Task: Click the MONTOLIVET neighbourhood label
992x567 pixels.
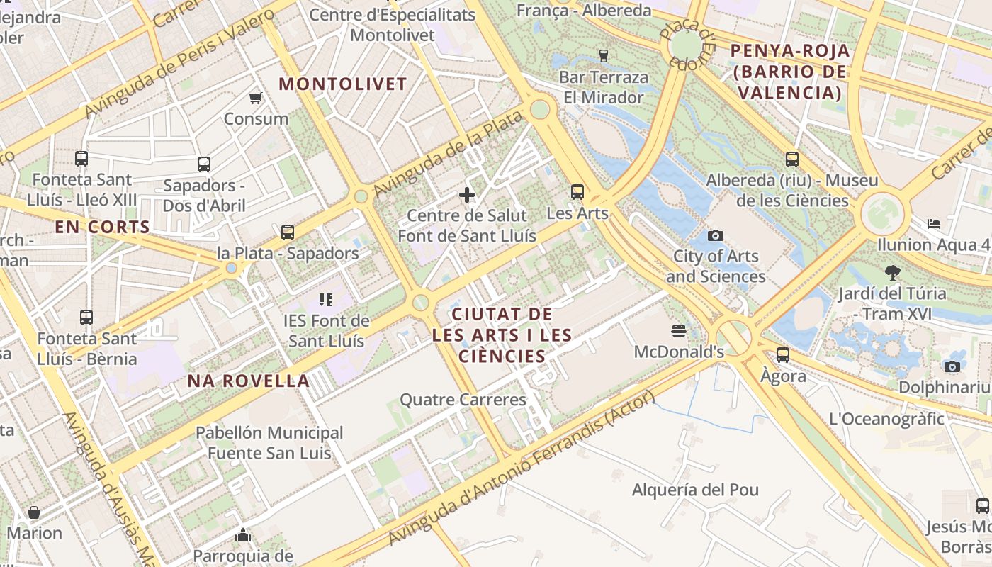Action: pos(343,84)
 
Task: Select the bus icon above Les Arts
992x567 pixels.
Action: pos(577,191)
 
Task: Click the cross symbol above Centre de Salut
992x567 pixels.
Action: pos(467,194)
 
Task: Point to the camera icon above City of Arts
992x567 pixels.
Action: pos(716,235)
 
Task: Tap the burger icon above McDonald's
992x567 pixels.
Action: pos(679,330)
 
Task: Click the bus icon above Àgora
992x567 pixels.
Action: pos(783,354)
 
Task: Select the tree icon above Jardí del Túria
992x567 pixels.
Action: pos(892,271)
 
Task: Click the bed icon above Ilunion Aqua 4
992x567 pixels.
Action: pos(934,224)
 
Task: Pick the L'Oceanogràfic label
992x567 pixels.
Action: pos(886,418)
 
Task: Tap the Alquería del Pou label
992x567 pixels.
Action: pos(695,490)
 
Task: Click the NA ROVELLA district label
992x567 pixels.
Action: pos(249,381)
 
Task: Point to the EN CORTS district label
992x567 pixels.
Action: pos(103,228)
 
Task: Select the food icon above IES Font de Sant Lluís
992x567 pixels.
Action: pos(326,300)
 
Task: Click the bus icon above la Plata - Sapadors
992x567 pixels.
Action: pos(287,232)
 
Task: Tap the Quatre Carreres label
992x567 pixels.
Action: pos(463,400)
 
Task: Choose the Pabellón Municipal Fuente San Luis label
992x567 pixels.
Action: pos(269,442)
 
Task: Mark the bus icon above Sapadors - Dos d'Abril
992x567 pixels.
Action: pos(204,164)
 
